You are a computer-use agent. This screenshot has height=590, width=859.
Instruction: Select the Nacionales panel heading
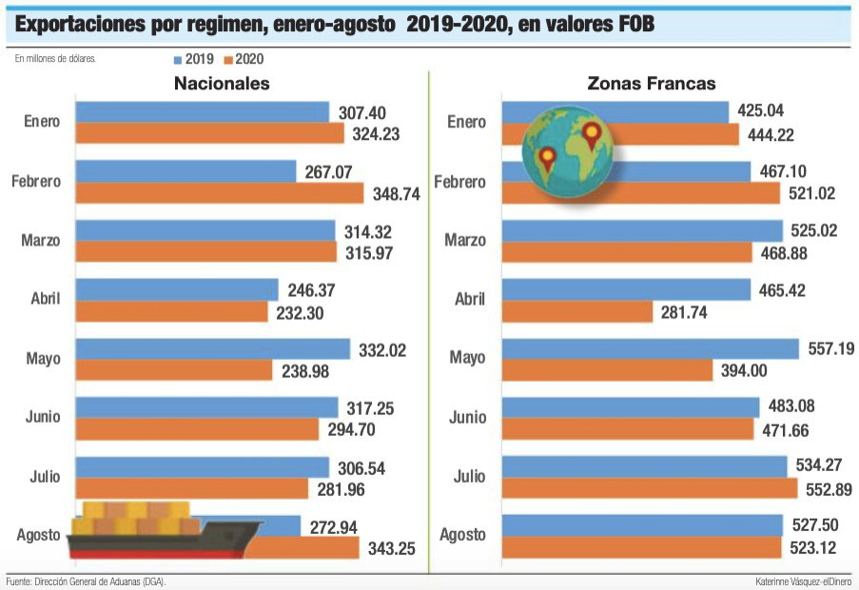click(222, 84)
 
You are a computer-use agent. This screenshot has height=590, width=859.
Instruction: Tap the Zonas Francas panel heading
click(652, 84)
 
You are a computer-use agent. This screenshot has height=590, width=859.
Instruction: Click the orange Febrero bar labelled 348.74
click(220, 193)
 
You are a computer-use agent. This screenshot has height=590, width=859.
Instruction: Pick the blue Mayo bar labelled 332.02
click(213, 349)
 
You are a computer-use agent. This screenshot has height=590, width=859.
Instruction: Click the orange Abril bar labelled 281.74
click(576, 311)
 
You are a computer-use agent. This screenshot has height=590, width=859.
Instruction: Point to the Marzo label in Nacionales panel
click(41, 241)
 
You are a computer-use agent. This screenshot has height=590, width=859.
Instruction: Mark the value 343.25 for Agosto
click(392, 548)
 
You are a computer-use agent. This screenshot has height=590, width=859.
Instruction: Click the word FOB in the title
click(631, 22)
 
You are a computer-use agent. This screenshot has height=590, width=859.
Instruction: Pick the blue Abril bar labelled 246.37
click(177, 290)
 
